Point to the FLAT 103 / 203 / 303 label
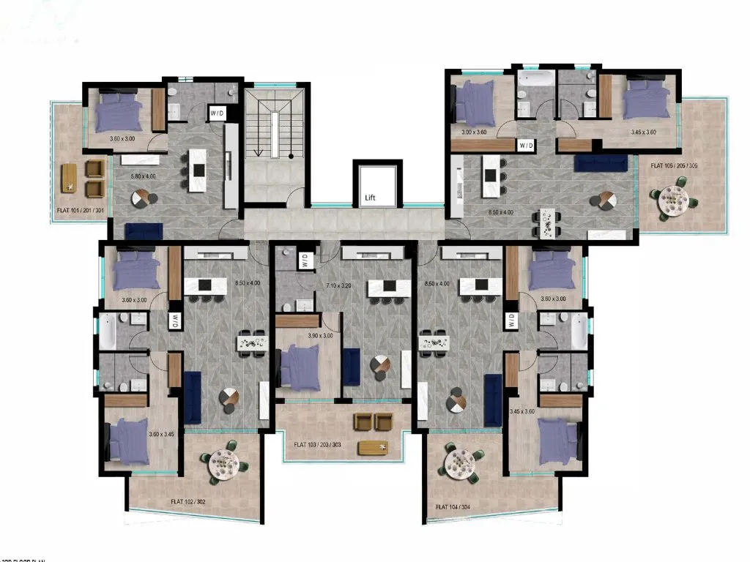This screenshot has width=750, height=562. click(x=317, y=444)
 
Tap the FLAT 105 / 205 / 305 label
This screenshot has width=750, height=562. click(x=673, y=166)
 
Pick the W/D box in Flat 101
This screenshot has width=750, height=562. click(x=218, y=113)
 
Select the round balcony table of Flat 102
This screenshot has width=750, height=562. click(x=223, y=462)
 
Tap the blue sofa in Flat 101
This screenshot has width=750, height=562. click(x=144, y=231)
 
